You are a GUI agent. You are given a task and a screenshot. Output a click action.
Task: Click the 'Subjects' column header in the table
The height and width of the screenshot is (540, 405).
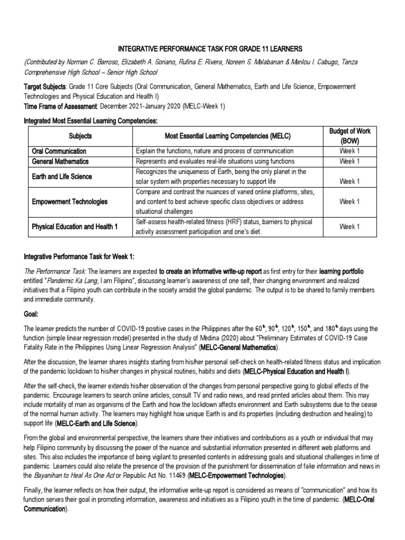coord(80,136)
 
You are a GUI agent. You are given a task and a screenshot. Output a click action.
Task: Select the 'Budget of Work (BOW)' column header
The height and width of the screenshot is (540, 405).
coord(350,136)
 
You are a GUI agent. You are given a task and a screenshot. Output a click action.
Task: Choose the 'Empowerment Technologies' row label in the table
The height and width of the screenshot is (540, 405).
coord(70,201)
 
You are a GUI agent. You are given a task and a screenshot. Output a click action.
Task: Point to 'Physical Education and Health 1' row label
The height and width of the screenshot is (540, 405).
coord(75,226)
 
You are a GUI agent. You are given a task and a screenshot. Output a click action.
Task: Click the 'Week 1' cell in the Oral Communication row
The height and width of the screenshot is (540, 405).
coord(350,151)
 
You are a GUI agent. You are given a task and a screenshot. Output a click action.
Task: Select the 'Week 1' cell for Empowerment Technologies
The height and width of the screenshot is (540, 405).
coord(350,201)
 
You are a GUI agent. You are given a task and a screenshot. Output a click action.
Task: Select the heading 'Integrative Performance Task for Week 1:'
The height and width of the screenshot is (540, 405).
coord(79,257)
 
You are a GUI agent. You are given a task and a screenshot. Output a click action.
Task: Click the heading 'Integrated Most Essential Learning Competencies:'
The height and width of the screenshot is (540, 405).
coord(91,121)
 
